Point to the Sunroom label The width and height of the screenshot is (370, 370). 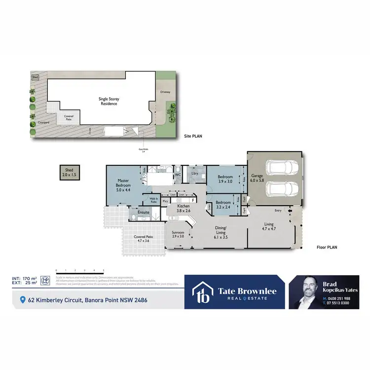(x=178, y=234)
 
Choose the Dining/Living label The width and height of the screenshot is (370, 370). (x=220, y=230)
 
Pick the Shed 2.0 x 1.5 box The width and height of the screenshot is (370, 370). (x=69, y=172)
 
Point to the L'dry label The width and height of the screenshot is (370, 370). (x=194, y=173)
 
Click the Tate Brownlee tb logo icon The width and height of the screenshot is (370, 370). (x=202, y=292)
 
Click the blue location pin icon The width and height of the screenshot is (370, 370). (x=22, y=299)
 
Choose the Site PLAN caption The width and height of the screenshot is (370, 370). (x=192, y=136)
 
